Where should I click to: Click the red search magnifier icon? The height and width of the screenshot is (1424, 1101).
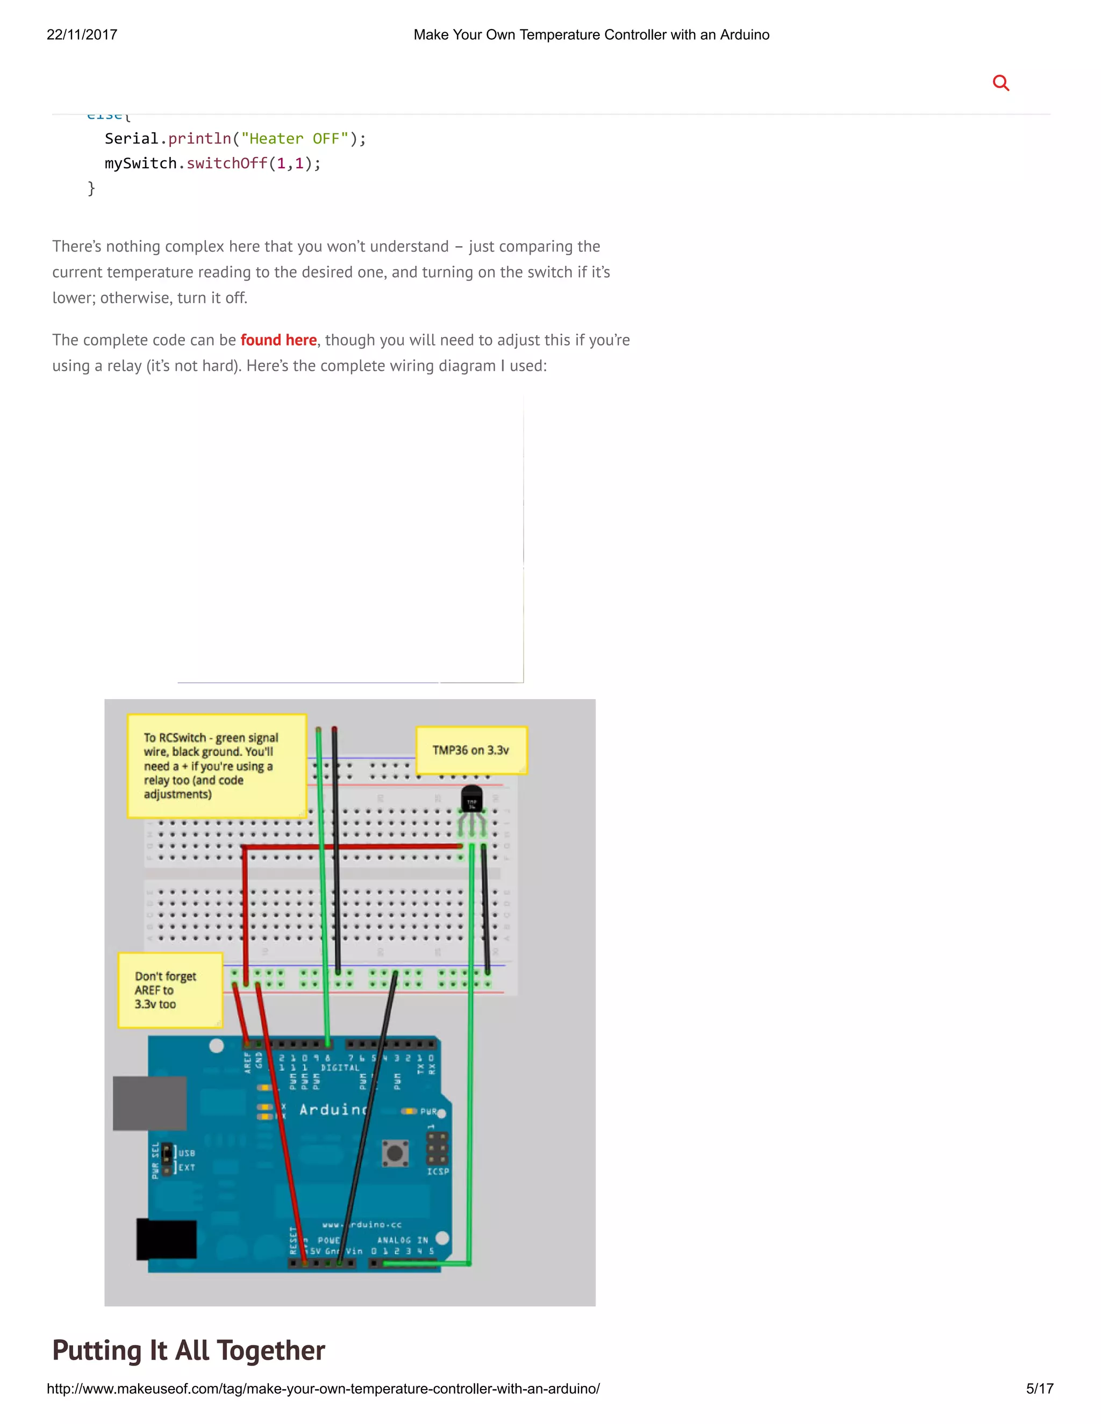point(1000,83)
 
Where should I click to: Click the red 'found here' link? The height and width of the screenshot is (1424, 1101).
point(278,340)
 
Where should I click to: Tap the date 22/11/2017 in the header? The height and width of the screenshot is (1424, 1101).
point(82,34)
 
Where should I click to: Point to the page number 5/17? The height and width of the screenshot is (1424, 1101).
point(1040,1388)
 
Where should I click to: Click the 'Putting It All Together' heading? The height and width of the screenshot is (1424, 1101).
point(189,1350)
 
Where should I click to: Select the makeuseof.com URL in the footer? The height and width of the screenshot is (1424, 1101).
point(323,1388)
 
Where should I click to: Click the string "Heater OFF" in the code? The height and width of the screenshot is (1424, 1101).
point(294,139)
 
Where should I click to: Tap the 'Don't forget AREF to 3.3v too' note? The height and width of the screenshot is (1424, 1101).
point(169,990)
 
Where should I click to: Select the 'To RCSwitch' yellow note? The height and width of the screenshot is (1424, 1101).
point(216,765)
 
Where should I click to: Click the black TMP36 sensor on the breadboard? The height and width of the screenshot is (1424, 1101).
point(471,800)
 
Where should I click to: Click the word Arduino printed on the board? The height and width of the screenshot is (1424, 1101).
point(333,1109)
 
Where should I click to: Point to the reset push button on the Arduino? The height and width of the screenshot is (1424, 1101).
point(395,1153)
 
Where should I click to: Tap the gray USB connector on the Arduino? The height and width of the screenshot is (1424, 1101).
point(149,1103)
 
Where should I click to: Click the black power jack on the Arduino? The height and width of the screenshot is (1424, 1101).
point(166,1239)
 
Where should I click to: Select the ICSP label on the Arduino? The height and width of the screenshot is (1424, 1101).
point(438,1171)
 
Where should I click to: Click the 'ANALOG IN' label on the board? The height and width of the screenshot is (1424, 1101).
point(403,1240)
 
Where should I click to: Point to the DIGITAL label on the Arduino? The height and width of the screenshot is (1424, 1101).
point(340,1067)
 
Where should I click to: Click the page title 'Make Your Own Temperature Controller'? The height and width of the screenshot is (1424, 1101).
point(591,34)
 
